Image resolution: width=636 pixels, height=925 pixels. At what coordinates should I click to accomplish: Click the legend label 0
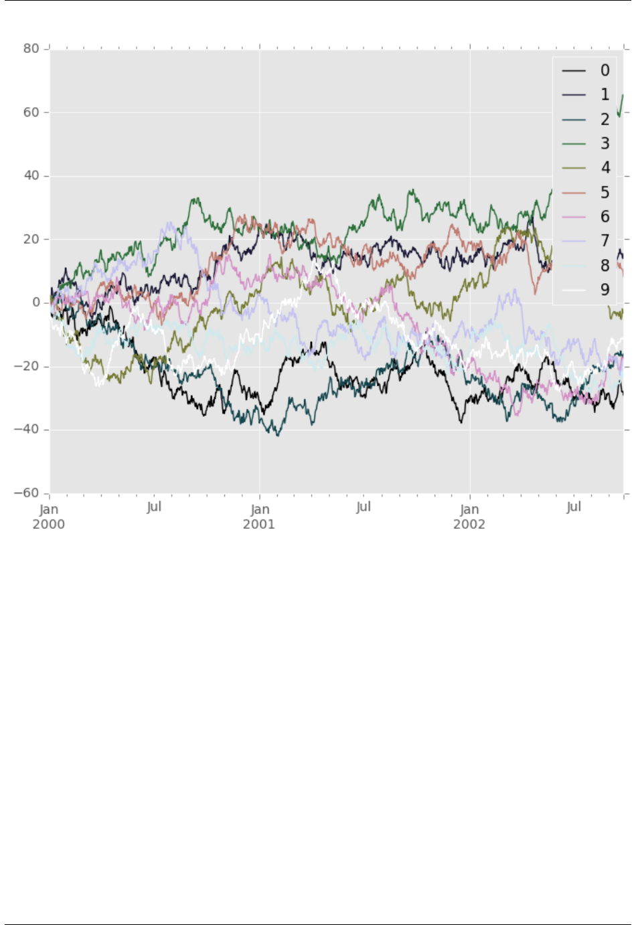coord(605,71)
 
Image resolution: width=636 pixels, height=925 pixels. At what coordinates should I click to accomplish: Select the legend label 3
coord(605,144)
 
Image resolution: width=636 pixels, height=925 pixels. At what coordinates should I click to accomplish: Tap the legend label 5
coord(605,193)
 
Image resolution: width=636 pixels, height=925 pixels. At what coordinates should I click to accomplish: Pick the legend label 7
coord(605,241)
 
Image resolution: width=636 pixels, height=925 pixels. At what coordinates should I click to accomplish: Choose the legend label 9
coord(605,290)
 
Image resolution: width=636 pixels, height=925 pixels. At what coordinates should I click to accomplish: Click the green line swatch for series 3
coord(574,144)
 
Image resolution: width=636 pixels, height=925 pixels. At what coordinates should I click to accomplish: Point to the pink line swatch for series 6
coord(574,217)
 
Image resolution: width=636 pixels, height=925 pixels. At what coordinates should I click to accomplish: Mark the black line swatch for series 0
coord(574,71)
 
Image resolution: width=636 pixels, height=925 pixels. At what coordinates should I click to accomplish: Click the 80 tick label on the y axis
coord(31,49)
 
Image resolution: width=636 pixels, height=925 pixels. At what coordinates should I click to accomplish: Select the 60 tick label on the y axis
coord(31,112)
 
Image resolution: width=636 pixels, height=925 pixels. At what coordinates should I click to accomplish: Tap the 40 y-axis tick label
coord(31,176)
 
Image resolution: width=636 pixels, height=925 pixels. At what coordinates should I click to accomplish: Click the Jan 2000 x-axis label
coord(49,517)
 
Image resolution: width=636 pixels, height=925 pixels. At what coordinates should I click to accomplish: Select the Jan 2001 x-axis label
coord(259,517)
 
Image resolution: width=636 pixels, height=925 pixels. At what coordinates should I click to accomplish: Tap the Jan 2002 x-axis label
coord(469,517)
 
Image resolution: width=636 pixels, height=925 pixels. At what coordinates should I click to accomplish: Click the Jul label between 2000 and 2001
coord(154,507)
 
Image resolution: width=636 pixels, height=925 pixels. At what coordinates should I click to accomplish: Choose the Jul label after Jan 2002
coord(574,507)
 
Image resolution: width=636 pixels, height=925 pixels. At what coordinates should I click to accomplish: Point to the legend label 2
coord(605,120)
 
